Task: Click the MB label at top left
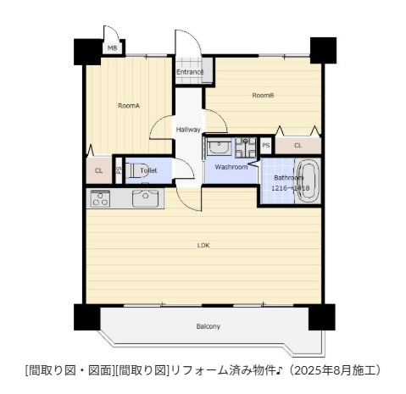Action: pyautogui.click(x=112, y=48)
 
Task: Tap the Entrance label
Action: pyautogui.click(x=190, y=72)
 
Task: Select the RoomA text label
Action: pyautogui.click(x=128, y=106)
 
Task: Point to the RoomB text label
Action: pyautogui.click(x=263, y=95)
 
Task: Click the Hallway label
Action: pyautogui.click(x=188, y=130)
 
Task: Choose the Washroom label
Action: pyautogui.click(x=231, y=167)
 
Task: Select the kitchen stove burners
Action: pyautogui.click(x=99, y=200)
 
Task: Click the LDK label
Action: pyautogui.click(x=203, y=246)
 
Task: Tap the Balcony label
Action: pyautogui.click(x=209, y=326)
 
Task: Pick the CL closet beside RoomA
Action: pyautogui.click(x=98, y=170)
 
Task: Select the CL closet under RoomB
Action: pyautogui.click(x=298, y=146)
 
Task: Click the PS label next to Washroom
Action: pyautogui.click(x=265, y=146)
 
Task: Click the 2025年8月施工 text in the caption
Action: pyautogui.click(x=343, y=370)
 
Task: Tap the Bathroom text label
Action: pyautogui.click(x=288, y=177)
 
